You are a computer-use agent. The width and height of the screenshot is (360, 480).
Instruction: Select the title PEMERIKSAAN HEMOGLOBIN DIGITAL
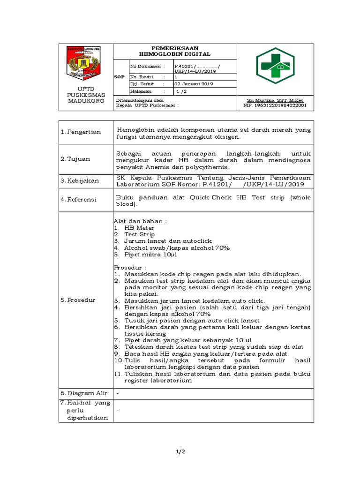coord(174,51)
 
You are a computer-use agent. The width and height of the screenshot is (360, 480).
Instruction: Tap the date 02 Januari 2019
coord(194,84)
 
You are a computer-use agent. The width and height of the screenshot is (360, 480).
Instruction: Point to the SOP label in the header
coord(120,76)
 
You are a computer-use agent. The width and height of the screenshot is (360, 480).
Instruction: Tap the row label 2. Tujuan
coord(75,159)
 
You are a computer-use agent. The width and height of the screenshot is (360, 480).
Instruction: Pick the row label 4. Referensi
coord(78,199)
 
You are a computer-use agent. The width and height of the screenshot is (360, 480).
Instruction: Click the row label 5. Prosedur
coord(78,300)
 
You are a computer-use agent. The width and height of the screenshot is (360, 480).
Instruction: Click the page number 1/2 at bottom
coord(180,451)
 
